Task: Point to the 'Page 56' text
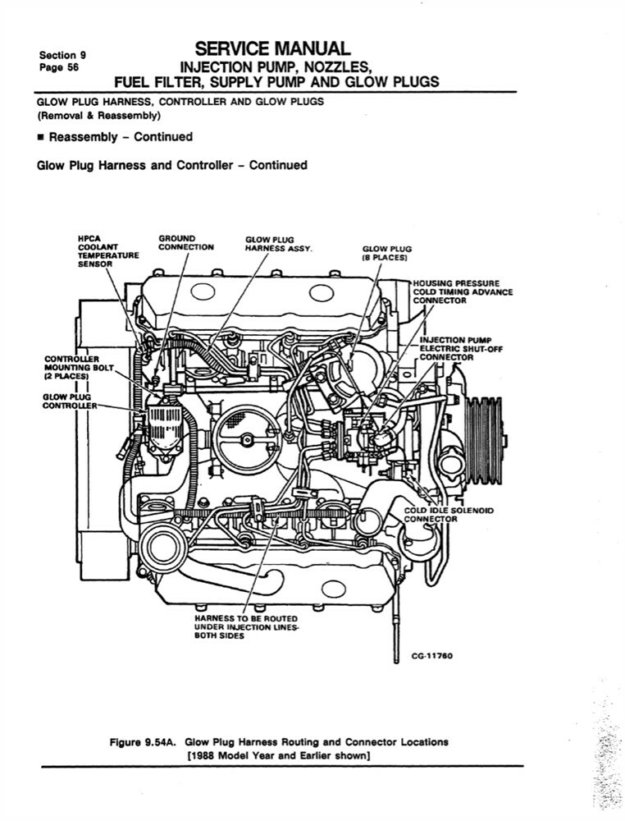59,68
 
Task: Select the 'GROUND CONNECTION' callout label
186,243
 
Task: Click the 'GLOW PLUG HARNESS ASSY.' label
280,244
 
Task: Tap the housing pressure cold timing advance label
463,291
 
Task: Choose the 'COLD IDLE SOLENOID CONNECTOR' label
449,514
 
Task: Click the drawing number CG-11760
431,657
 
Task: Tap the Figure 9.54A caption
280,742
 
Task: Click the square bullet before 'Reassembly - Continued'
41,137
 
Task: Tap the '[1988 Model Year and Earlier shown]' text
280,756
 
